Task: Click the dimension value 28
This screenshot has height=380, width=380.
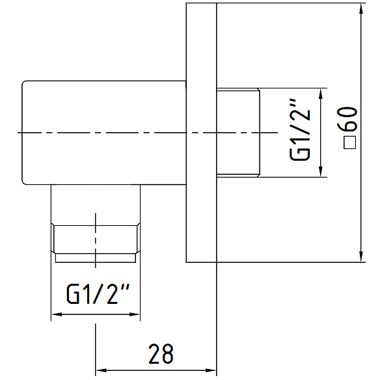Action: (x=161, y=354)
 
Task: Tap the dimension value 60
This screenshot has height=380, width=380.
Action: (x=351, y=118)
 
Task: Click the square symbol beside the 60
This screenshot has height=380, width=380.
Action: (x=350, y=142)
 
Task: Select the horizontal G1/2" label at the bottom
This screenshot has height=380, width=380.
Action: (x=98, y=293)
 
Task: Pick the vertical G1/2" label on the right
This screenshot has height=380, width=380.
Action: (x=300, y=129)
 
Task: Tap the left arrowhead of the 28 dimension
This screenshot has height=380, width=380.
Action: (x=102, y=370)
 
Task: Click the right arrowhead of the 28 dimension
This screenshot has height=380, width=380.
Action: (x=210, y=370)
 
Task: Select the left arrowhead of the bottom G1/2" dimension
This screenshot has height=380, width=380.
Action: (x=57, y=314)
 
